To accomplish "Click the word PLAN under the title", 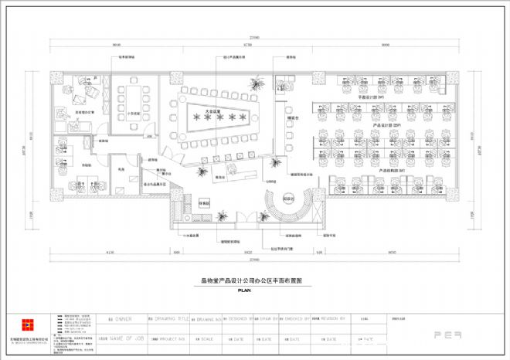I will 245,291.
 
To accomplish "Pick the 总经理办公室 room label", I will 83,113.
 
